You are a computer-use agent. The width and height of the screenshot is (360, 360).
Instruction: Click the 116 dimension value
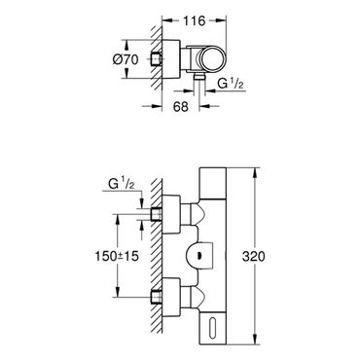(195, 21)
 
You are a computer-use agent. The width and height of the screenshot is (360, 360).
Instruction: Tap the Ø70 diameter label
(126, 59)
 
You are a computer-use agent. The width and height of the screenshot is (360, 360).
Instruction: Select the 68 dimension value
(181, 106)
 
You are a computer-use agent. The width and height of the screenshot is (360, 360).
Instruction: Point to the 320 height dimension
(254, 257)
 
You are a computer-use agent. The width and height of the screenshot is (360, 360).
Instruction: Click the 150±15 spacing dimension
(117, 256)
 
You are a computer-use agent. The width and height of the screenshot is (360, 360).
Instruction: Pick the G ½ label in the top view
(230, 84)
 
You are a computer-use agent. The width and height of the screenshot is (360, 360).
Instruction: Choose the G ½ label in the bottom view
(122, 184)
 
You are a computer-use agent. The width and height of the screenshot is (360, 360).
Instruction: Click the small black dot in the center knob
(198, 256)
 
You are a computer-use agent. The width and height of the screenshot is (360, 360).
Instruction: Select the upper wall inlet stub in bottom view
(157, 214)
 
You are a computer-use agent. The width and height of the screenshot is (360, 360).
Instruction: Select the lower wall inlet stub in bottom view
(157, 297)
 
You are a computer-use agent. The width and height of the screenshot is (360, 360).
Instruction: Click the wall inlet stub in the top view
(157, 58)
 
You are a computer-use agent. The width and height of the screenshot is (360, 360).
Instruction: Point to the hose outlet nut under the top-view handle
(198, 77)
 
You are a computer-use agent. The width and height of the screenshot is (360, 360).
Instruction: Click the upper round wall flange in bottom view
(171, 214)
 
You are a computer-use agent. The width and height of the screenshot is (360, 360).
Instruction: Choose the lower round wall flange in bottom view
(171, 297)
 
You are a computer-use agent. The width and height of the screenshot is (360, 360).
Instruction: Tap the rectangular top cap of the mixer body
(212, 183)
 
